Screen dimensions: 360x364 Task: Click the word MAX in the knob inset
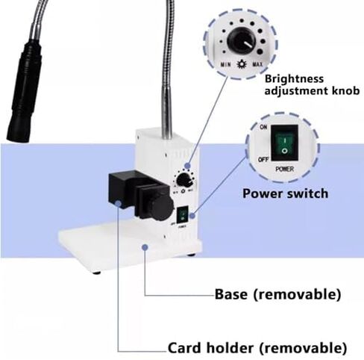tap(257, 66)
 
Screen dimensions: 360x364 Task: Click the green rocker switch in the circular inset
tap(283, 144)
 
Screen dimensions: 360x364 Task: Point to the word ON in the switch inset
tap(262, 128)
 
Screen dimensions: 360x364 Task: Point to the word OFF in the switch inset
tap(262, 159)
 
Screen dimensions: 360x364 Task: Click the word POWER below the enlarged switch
tap(284, 169)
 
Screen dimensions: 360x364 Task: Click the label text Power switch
tap(285, 193)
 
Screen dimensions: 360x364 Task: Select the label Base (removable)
tap(277, 293)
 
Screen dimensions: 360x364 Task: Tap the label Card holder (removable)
tap(257, 347)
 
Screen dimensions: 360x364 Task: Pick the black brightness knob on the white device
tap(184, 180)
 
